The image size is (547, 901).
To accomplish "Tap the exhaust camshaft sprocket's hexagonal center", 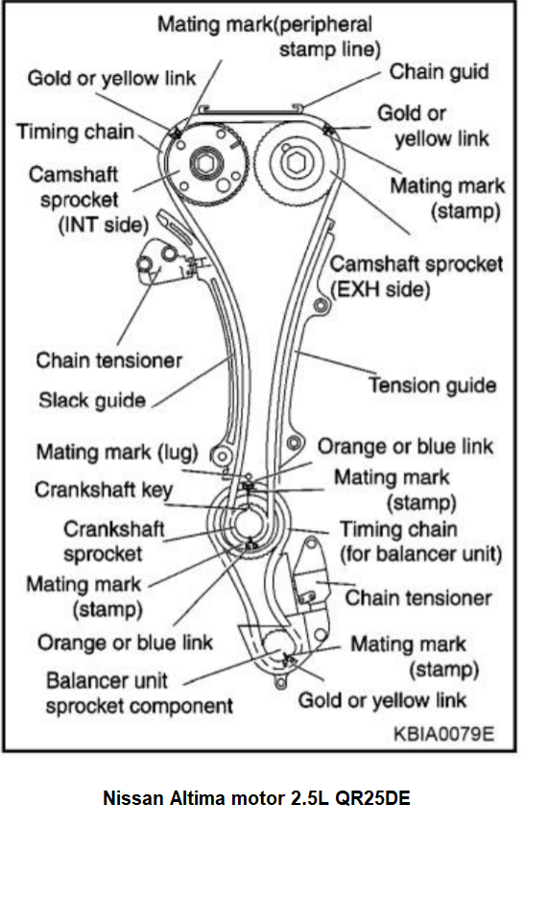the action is (295, 162).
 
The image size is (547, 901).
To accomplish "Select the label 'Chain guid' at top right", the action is (440, 72).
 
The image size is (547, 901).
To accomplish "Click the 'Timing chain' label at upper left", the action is (75, 132).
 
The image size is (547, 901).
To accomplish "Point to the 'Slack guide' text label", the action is (92, 400).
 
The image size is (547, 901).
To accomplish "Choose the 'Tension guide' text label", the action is (432, 385).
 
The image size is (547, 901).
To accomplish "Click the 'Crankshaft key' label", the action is (104, 490).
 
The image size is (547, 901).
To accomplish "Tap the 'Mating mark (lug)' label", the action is (117, 452).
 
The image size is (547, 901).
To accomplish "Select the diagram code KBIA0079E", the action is (443, 734).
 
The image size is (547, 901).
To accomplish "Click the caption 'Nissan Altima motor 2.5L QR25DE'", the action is (256, 798).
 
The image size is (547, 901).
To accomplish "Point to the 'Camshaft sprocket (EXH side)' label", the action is (416, 277).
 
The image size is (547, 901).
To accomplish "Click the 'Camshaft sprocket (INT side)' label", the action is (88, 200).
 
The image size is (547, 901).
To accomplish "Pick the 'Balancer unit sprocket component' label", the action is (139, 693).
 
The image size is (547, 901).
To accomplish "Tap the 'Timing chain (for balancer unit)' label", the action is (420, 542).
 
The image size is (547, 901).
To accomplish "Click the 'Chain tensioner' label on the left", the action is (108, 360).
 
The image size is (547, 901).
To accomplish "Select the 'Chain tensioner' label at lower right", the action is (417, 597).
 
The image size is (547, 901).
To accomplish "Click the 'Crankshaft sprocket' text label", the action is (113, 541).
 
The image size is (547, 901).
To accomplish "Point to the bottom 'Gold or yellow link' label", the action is (382, 700).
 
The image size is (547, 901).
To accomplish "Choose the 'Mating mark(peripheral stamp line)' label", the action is (269, 37).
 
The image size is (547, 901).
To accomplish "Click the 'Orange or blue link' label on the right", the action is (405, 446).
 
